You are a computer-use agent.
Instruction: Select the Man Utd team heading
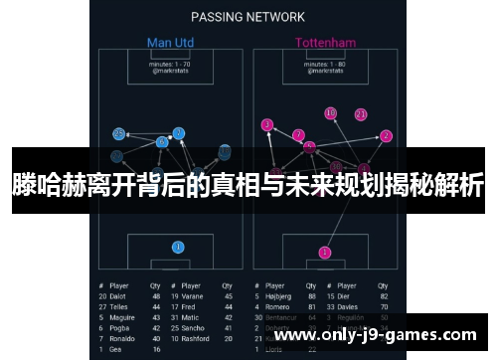click(171, 43)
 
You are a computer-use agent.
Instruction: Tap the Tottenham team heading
click(325, 43)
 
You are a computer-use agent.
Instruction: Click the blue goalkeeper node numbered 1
click(178, 247)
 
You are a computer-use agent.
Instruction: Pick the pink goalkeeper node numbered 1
click(324, 253)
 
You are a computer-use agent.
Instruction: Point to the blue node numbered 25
click(119, 133)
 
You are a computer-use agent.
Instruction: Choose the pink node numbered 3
click(266, 124)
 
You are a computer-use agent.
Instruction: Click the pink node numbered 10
click(330, 113)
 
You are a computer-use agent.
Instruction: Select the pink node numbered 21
click(360, 114)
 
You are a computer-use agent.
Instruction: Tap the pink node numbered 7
click(298, 135)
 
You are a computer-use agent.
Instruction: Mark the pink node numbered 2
click(386, 136)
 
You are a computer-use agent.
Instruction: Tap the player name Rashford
click(195, 338)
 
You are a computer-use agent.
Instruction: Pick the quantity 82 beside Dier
click(384, 295)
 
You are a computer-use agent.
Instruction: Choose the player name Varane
click(192, 295)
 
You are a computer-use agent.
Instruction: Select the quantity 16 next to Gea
click(155, 349)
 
